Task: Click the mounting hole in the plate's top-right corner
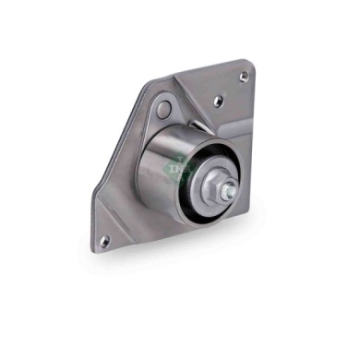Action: [243, 76]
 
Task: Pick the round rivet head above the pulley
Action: [163, 110]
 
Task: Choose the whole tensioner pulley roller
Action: [189, 175]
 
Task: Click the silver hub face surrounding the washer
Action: [208, 181]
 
